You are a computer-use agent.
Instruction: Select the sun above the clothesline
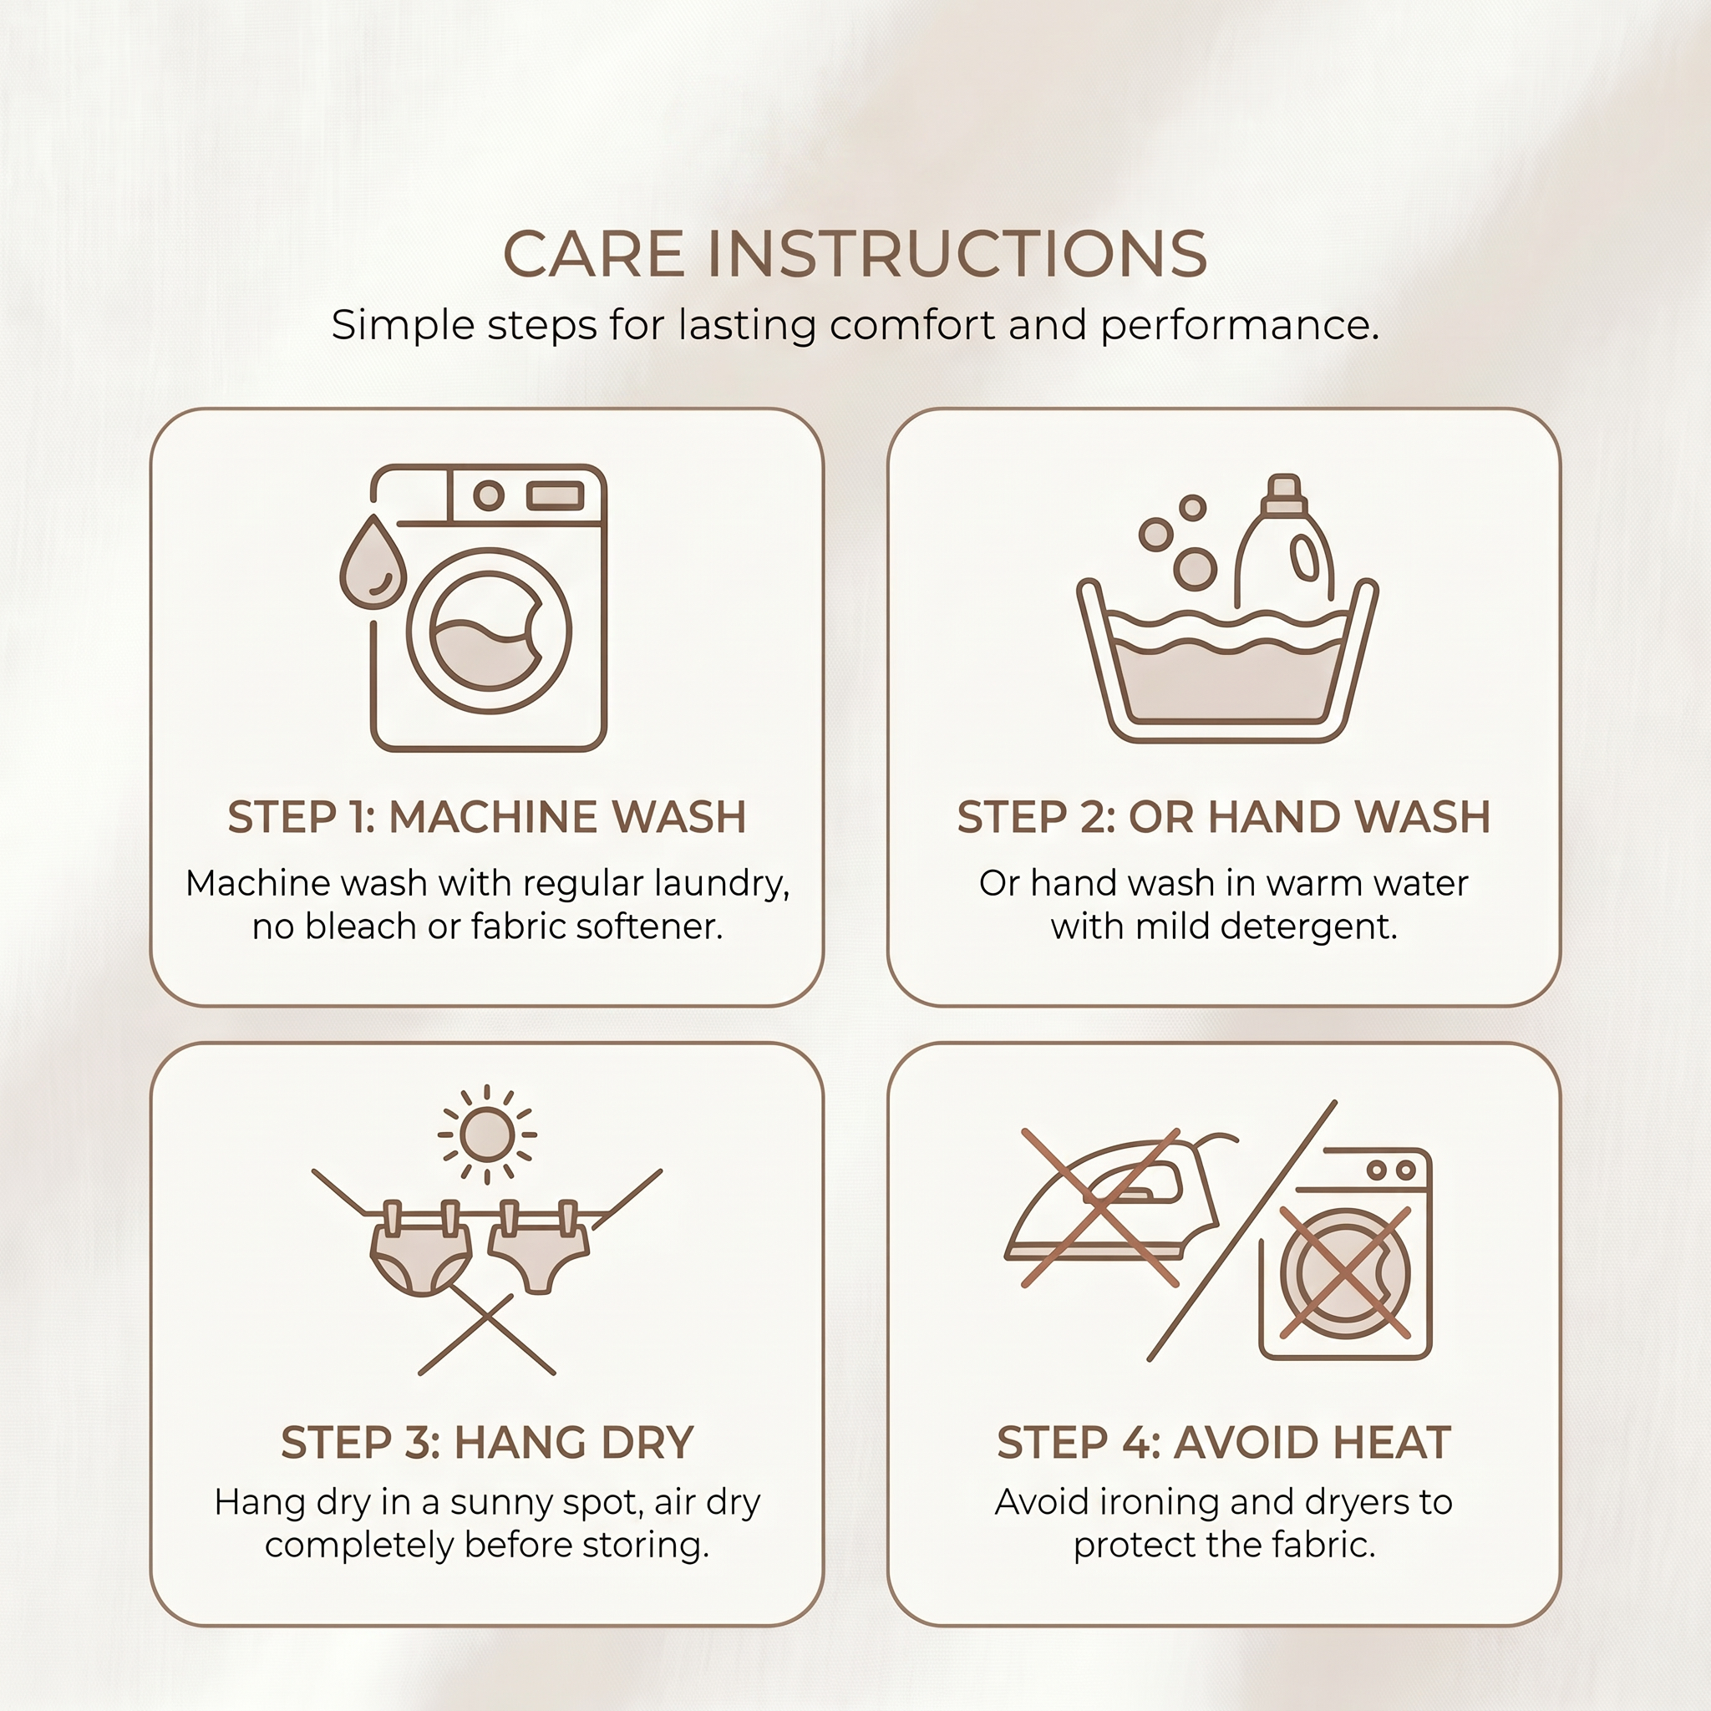tap(487, 1135)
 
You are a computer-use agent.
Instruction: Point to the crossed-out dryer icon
tap(1345, 1254)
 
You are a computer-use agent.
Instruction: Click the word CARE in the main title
tap(594, 254)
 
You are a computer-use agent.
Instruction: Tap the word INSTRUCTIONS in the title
tap(957, 254)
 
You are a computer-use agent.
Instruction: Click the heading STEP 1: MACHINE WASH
tap(487, 816)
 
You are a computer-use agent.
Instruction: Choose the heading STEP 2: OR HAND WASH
tap(1224, 816)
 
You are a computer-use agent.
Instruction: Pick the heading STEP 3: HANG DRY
tap(487, 1443)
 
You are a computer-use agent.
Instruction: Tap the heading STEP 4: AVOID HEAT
tap(1224, 1443)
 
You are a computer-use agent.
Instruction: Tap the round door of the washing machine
tap(489, 631)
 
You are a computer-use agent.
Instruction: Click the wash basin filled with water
tap(1227, 660)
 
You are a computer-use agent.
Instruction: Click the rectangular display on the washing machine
tap(556, 495)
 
